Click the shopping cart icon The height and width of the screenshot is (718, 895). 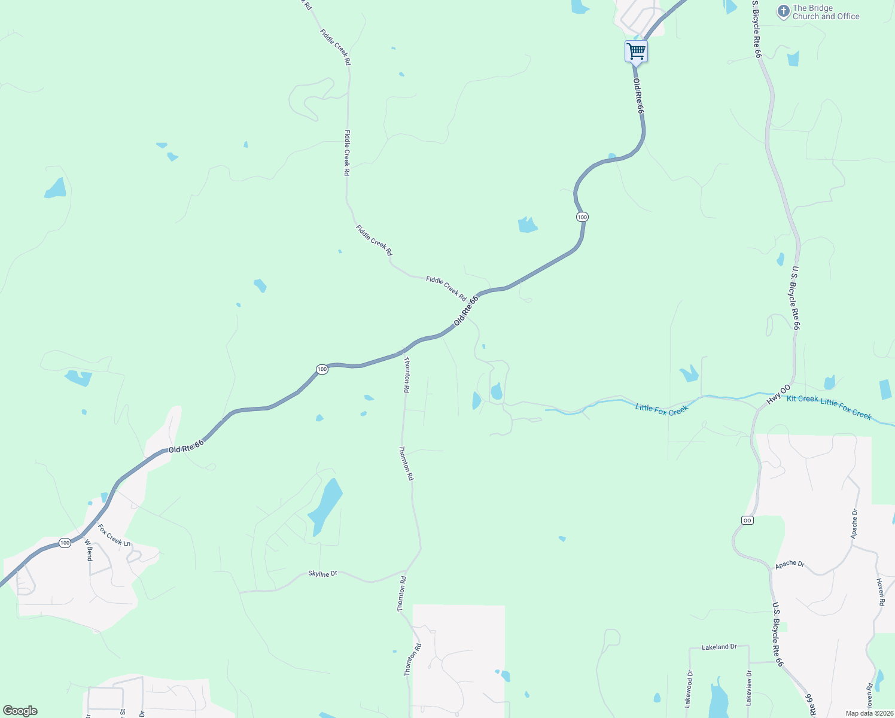point(636,51)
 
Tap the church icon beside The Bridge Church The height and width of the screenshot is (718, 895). point(783,12)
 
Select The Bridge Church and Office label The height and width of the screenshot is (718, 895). point(826,12)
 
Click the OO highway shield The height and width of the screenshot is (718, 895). point(747,520)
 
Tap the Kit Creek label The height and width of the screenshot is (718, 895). point(802,399)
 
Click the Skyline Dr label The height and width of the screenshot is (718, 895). point(322,573)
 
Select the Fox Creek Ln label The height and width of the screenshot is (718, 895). point(114,535)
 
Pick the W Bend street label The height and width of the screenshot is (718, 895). point(89,550)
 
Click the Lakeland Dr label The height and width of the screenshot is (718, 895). point(719,647)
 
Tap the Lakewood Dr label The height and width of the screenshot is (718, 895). point(689,689)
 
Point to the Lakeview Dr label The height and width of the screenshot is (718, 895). point(748,687)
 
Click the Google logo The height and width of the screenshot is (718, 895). point(20,711)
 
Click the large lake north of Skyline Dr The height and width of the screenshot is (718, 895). point(325,506)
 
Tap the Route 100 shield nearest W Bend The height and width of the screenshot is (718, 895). point(65,543)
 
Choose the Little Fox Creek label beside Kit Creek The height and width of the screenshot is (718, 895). point(846,409)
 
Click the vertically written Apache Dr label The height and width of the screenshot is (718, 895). point(854,523)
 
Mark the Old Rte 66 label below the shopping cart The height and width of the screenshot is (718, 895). point(638,96)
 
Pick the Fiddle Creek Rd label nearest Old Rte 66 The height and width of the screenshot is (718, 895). point(446,287)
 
